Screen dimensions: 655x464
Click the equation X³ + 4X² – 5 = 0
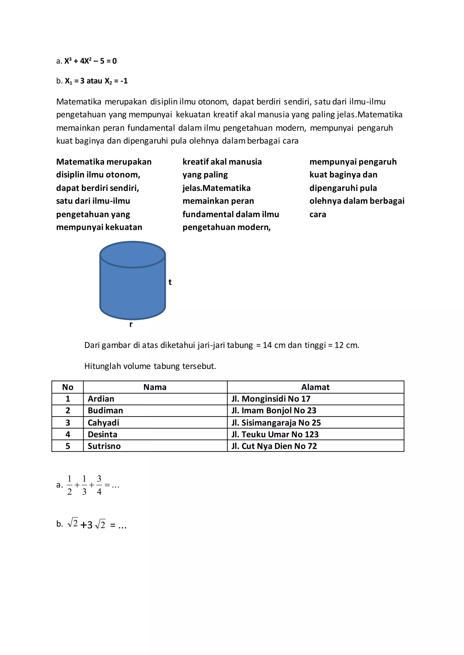point(90,61)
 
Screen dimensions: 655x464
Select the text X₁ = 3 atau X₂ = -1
point(96,81)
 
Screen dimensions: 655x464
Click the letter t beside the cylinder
point(170,282)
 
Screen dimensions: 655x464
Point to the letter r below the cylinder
point(131,324)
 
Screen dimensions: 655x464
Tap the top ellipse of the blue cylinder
point(133,254)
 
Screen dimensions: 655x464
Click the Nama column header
point(155,387)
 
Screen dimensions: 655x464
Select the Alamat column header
point(315,387)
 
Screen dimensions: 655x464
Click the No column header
point(68,387)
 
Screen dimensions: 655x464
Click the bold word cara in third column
point(318,214)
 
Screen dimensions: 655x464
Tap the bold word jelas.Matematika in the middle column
point(217,188)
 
